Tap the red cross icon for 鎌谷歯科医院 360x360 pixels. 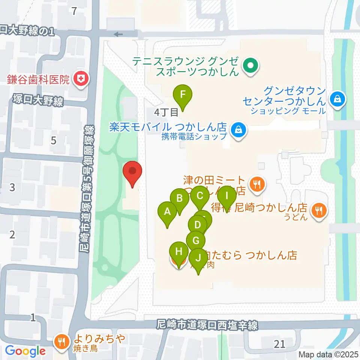[x=80, y=79]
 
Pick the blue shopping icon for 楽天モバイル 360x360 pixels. [x=238, y=130]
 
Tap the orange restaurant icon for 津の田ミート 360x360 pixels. [x=256, y=184]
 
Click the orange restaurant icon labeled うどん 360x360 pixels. [x=319, y=210]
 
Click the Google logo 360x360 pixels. [x=25, y=351]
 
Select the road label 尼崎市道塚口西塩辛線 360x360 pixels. [x=207, y=325]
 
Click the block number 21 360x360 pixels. [x=279, y=343]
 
